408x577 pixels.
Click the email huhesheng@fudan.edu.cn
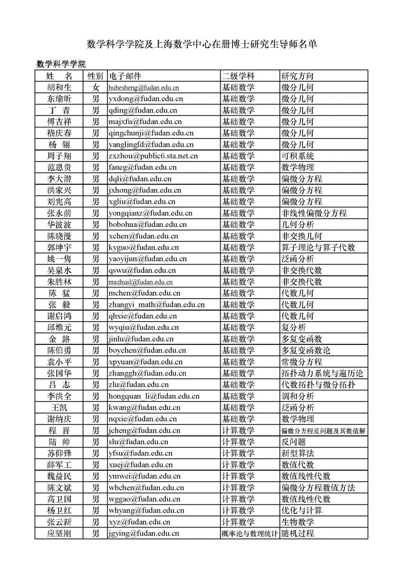(144, 88)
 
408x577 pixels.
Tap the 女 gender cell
(96, 88)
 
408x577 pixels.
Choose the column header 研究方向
(297, 76)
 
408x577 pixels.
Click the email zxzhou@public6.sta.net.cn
(153, 156)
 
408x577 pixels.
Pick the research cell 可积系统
(297, 156)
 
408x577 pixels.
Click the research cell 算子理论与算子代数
(318, 248)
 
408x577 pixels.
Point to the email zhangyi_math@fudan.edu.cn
(157, 305)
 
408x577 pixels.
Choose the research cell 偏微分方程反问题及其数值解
(323, 431)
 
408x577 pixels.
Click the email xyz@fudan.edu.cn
(139, 522)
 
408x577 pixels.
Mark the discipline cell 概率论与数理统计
(249, 534)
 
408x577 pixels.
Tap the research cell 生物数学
(297, 522)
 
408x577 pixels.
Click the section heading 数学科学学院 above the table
(61, 64)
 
